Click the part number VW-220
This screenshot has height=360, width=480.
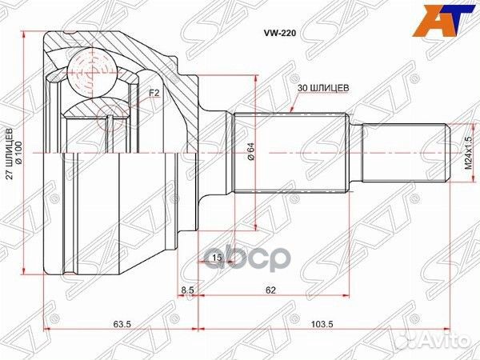pyautogui.click(x=280, y=34)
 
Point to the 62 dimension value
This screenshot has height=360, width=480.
pyautogui.click(x=270, y=290)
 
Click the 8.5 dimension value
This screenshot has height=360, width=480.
pyautogui.click(x=188, y=290)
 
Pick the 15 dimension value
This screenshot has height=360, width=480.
pyautogui.click(x=217, y=258)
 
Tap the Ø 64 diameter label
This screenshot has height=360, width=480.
pyautogui.click(x=250, y=152)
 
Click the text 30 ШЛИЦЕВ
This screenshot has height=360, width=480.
pyautogui.click(x=323, y=88)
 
